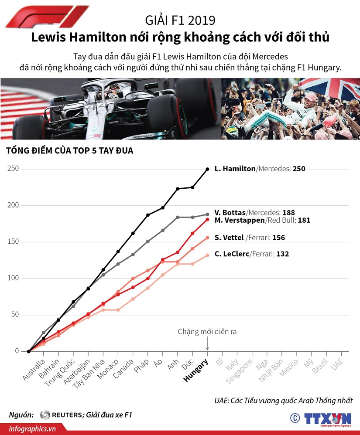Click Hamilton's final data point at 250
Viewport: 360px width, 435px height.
point(207,169)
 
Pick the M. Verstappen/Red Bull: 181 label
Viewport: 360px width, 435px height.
point(262,221)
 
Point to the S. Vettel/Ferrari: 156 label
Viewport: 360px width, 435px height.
point(250,238)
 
